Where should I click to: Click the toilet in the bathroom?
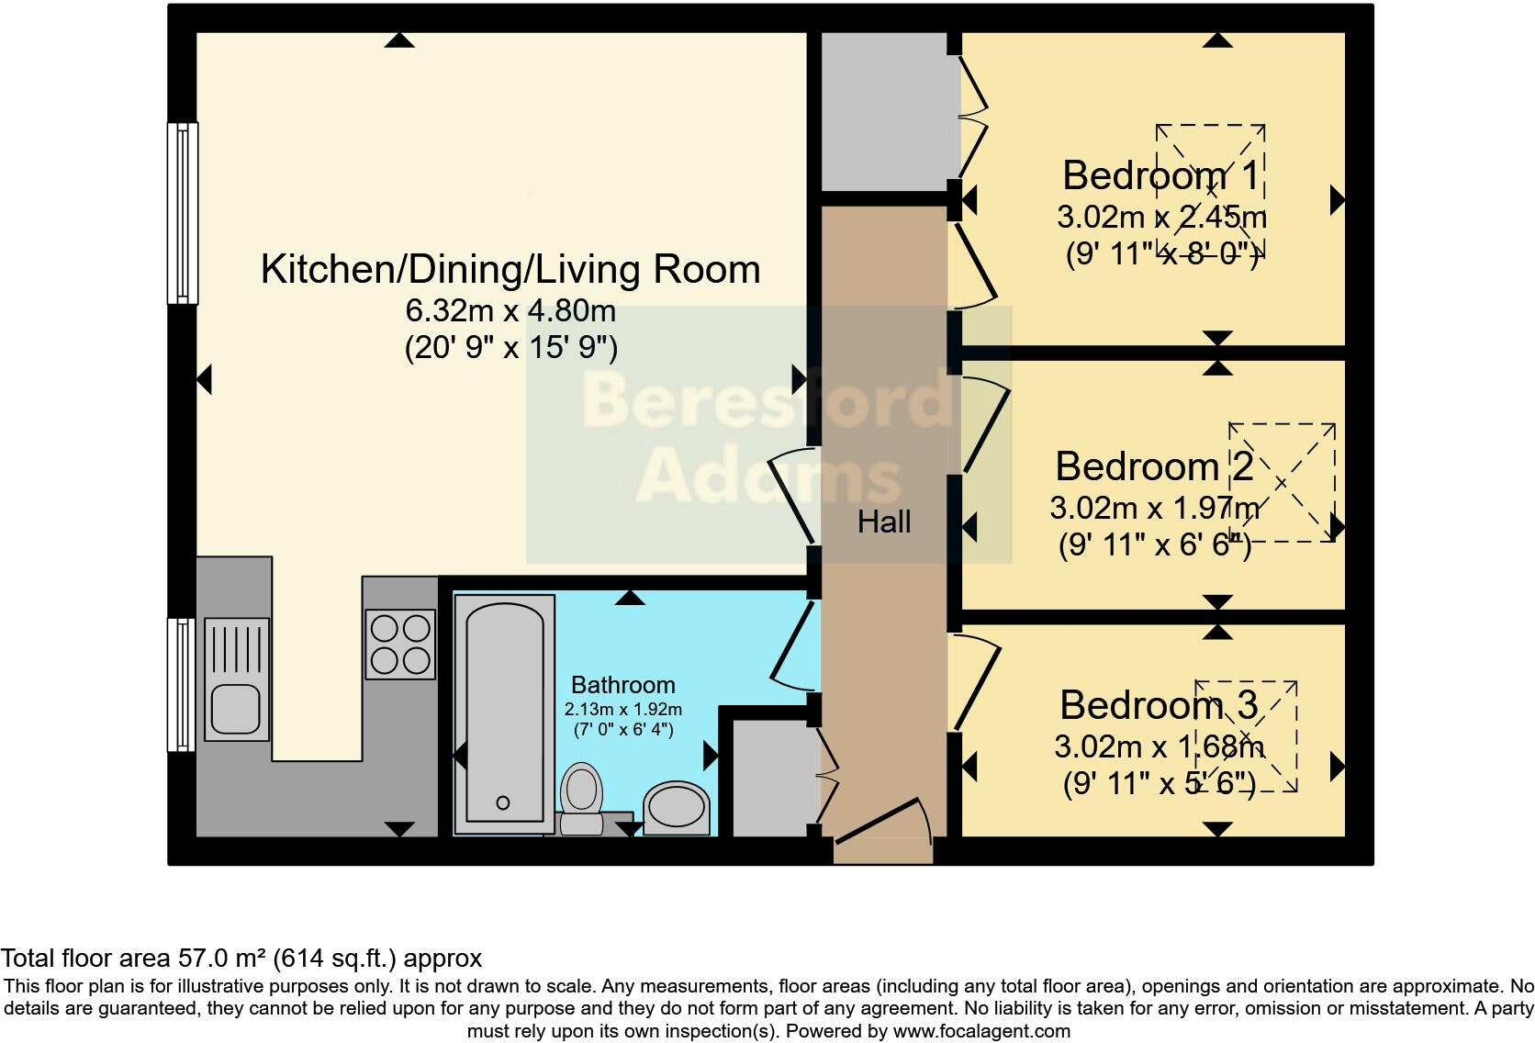[580, 795]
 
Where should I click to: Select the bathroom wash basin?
[677, 808]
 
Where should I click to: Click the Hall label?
[884, 521]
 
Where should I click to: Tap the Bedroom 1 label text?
[1160, 174]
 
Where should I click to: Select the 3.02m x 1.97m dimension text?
[1154, 507]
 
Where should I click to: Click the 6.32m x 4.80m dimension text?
[510, 310]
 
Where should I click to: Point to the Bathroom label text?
[622, 685]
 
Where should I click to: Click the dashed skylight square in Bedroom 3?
[1246, 736]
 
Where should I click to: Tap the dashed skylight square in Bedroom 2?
[1282, 482]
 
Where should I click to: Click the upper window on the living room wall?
[182, 213]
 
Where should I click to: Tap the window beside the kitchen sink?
[181, 684]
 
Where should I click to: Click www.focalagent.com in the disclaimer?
[981, 1031]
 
